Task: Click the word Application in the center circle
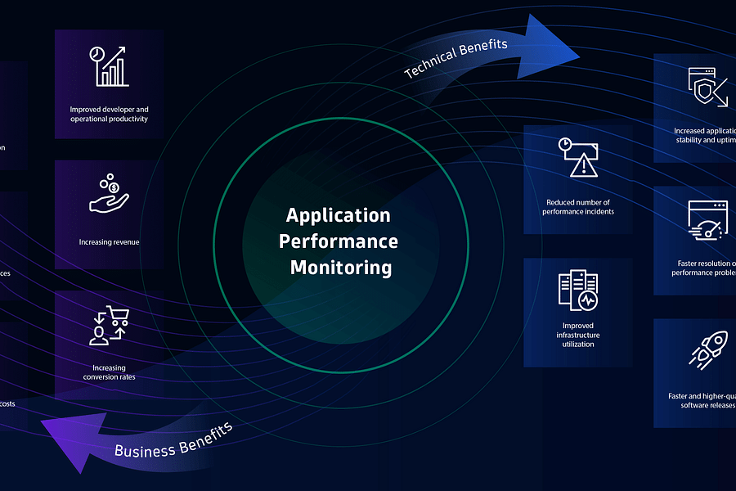tap(338, 215)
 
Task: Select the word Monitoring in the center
tap(340, 268)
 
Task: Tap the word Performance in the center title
tap(339, 241)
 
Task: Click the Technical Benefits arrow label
tap(456, 58)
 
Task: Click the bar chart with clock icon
tap(109, 66)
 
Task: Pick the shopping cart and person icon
tap(109, 326)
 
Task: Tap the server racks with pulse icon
tap(578, 292)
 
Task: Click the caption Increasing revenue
tap(109, 242)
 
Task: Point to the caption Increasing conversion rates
tap(109, 372)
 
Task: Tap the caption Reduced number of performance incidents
tap(578, 206)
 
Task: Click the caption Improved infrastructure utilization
tap(578, 335)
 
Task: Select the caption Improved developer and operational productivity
tap(109, 114)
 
